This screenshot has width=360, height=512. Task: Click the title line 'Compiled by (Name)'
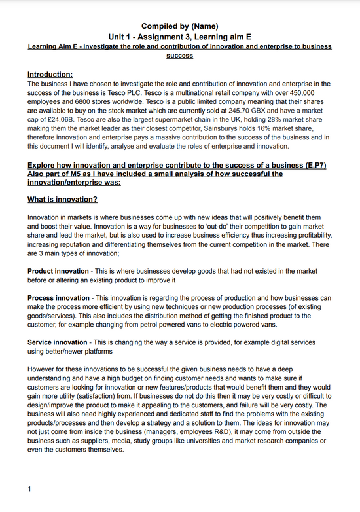coord(179,26)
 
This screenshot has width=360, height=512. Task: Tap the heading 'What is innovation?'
coord(62,199)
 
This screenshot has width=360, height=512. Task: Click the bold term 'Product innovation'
coord(58,271)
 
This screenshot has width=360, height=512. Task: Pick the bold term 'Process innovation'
coord(58,298)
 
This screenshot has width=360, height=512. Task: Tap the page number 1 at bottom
coord(29,489)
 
